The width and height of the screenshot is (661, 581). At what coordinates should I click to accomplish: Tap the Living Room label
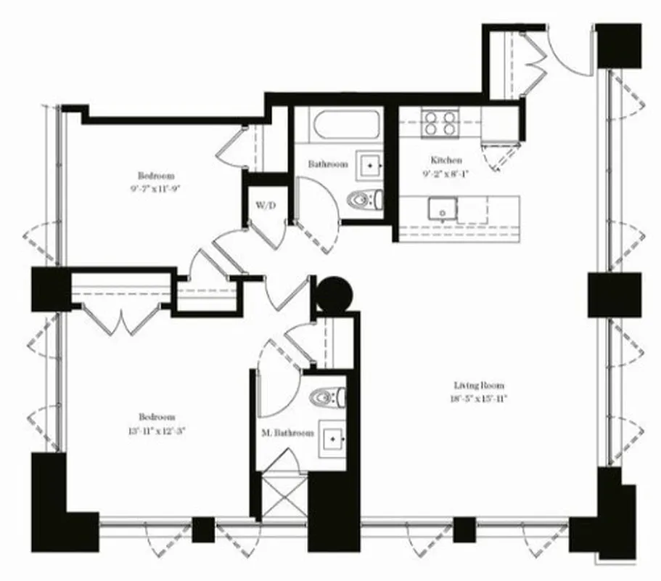coord(479,386)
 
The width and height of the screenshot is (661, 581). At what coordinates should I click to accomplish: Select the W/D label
coord(266,206)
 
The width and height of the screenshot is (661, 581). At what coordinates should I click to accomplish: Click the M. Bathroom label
coord(288,433)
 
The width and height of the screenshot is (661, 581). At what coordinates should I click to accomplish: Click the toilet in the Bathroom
coord(363,198)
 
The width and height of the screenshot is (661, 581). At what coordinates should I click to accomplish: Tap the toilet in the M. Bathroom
coord(326,397)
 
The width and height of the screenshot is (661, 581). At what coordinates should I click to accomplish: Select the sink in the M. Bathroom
coord(334,439)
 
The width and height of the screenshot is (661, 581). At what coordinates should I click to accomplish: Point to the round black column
coord(336,293)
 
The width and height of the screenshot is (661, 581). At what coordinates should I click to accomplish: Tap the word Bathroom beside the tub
coord(327,165)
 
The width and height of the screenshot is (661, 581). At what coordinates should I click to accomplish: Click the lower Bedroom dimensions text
coord(157,429)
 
